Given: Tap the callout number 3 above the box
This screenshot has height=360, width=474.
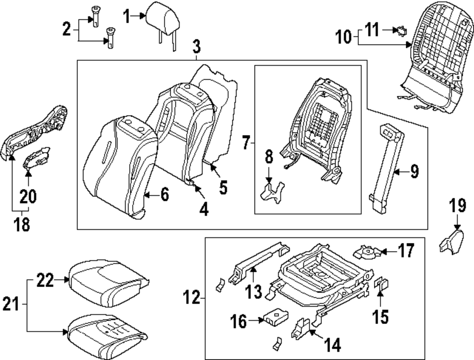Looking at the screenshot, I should pos(196,47).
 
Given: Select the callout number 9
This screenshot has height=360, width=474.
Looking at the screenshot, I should pos(414,171).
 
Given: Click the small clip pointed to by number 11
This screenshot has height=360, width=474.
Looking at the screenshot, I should pos(401,31).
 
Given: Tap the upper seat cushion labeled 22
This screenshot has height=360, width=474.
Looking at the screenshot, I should pos(107,279).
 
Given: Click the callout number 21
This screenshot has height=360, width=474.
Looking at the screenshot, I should pos(11,303).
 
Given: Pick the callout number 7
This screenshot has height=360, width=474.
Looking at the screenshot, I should pos(246,141).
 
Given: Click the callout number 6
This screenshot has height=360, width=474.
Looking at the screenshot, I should pos(164,194).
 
